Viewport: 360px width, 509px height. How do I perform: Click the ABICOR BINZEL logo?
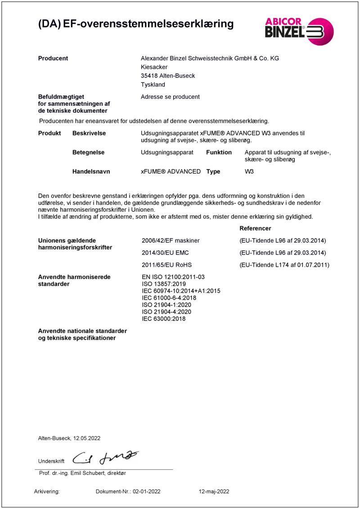point(299,31)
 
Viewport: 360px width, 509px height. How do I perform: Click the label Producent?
point(53,58)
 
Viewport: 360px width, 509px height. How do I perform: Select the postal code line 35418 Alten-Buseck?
point(168,76)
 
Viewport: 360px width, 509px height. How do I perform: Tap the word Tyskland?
point(153,85)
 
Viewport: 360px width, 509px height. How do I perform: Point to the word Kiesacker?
point(154,67)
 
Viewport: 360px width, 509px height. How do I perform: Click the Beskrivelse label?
point(89,134)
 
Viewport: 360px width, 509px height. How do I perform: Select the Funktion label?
point(219,153)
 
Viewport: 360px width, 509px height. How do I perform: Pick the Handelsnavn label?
point(91,171)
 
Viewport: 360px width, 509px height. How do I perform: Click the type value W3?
point(249,171)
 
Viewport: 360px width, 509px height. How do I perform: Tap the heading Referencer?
point(255,229)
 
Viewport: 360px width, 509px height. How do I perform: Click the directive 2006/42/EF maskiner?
point(171,241)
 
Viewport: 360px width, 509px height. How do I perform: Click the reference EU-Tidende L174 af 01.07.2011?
point(284,265)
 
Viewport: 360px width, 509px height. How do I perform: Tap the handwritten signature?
point(106,457)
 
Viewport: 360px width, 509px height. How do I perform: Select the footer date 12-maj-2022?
point(214,492)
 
